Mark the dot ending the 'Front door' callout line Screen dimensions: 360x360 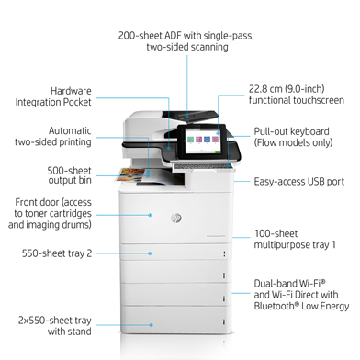(x=152, y=213)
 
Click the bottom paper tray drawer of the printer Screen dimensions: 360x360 (x=178, y=317)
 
